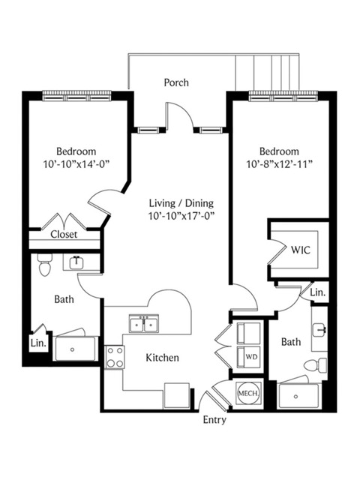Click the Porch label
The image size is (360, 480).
(x=176, y=82)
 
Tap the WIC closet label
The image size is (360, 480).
(x=301, y=250)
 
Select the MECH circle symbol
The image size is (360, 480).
(x=248, y=393)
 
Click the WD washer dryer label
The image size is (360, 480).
(x=250, y=357)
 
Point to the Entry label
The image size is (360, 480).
(x=214, y=420)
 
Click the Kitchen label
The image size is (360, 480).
(x=162, y=358)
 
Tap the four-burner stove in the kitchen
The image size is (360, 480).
(x=115, y=357)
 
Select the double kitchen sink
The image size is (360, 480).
(x=144, y=323)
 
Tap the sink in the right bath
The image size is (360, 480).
(x=319, y=330)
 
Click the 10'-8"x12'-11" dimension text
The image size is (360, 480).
(x=279, y=164)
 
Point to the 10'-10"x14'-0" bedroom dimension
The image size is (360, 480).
(x=76, y=164)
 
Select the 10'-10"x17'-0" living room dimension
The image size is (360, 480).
(x=181, y=216)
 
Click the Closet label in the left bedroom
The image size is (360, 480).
(x=64, y=235)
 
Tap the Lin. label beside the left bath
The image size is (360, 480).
(x=38, y=343)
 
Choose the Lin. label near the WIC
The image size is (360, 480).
(x=318, y=292)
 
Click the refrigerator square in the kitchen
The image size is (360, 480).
(x=177, y=395)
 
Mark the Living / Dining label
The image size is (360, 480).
(x=181, y=203)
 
